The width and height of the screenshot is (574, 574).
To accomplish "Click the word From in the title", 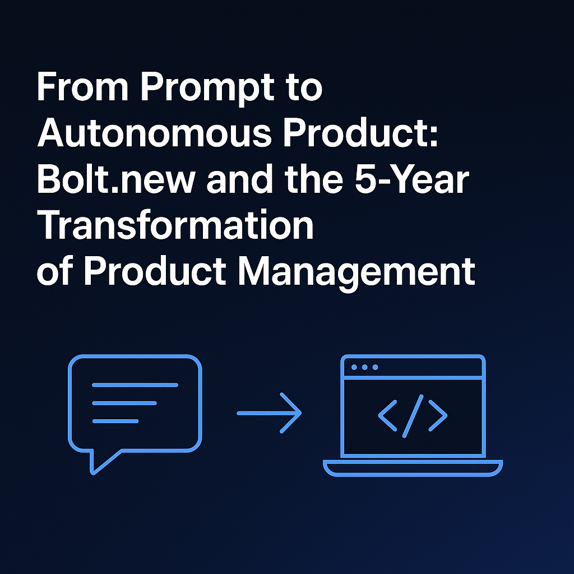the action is (x=82, y=87).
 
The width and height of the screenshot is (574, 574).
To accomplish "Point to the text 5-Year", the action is (x=412, y=179).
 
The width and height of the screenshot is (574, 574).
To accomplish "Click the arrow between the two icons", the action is (x=269, y=413).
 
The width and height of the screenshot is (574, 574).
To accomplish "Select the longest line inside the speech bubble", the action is (x=135, y=385).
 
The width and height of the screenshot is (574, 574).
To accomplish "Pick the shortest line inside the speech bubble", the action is (x=115, y=421).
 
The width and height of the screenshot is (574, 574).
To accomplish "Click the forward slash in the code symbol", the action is (x=413, y=416).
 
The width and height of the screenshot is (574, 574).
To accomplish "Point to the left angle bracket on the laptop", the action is (x=387, y=415).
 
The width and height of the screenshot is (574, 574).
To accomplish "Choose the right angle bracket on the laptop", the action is (x=438, y=415).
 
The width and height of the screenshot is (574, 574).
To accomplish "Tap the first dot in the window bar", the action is (x=354, y=367).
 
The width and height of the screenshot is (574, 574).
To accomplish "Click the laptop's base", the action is (x=413, y=468).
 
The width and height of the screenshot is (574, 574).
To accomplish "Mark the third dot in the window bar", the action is (x=375, y=367).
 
